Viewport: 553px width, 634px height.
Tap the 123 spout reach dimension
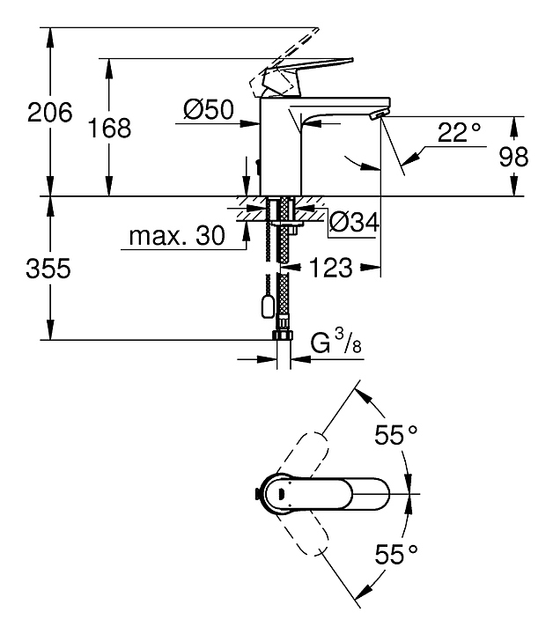[x=332, y=268]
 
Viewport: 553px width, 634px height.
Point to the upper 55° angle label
[x=393, y=434]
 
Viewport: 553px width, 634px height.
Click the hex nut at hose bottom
[x=283, y=337]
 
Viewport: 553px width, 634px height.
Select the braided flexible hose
[x=283, y=282]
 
